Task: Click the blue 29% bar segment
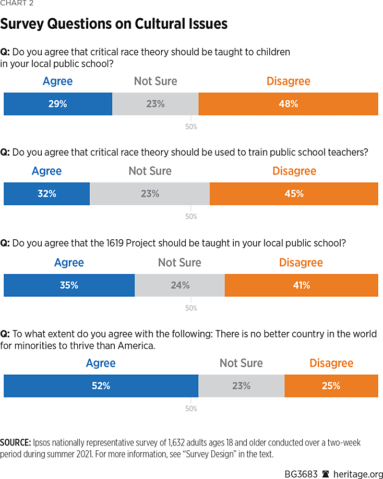[58, 104]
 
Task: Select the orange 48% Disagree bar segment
[288, 104]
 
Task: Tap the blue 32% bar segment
[46, 194]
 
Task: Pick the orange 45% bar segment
[294, 194]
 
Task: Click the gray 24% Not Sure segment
[179, 285]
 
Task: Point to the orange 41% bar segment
[301, 285]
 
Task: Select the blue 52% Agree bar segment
[101, 386]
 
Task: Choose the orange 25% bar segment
[331, 386]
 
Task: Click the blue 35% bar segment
[69, 285]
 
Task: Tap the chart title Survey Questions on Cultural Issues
[114, 24]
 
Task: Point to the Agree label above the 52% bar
[101, 363]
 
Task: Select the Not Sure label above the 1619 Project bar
[179, 262]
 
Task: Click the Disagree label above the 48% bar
[288, 81]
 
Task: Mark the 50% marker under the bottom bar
[191, 408]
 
